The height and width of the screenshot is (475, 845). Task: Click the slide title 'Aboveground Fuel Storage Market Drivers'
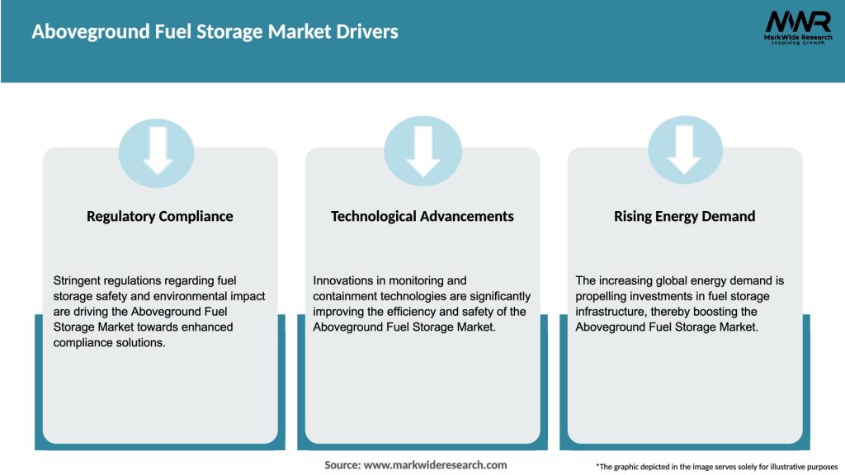pyautogui.click(x=215, y=32)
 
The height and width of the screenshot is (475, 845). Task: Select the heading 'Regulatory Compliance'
pyautogui.click(x=160, y=217)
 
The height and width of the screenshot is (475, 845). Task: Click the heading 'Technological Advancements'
pyautogui.click(x=422, y=217)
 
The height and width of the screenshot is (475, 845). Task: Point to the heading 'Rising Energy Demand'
pyautogui.click(x=685, y=217)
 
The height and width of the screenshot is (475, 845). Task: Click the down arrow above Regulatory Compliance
pyautogui.click(x=157, y=151)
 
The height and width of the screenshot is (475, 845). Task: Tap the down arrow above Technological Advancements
pyautogui.click(x=422, y=151)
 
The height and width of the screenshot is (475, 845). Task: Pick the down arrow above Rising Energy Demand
pyautogui.click(x=685, y=151)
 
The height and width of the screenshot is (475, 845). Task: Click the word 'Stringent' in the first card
pyautogui.click(x=78, y=280)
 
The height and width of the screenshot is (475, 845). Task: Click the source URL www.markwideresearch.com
pyautogui.click(x=435, y=465)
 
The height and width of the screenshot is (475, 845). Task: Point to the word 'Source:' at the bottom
pyautogui.click(x=342, y=465)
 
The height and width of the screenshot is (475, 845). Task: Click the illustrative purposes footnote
pyautogui.click(x=716, y=467)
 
